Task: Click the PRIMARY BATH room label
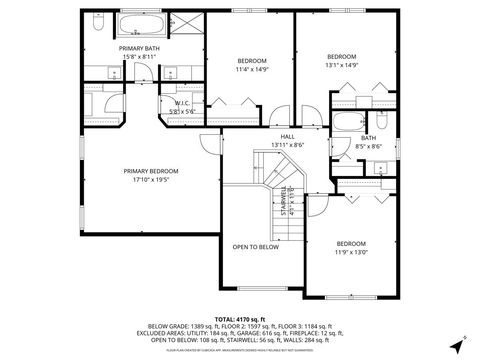(x=139, y=48)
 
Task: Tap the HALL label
(x=287, y=137)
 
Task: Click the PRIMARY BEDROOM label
(x=148, y=171)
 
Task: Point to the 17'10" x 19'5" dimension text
(x=148, y=180)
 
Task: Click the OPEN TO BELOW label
(x=255, y=246)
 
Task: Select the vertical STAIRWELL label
(x=283, y=200)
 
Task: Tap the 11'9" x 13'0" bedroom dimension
(x=350, y=253)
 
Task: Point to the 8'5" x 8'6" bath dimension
(x=368, y=146)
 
